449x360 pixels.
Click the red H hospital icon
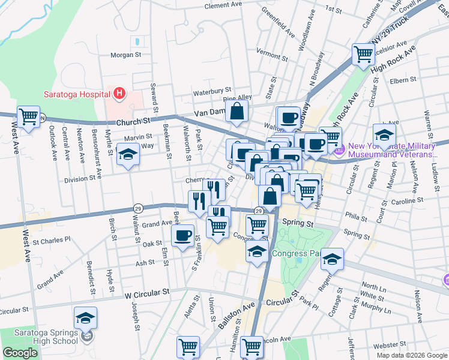119,94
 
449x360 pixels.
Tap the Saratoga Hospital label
76,94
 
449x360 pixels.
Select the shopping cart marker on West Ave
28,116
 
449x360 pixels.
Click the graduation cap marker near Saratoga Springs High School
86,317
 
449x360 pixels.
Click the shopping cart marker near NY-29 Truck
364,54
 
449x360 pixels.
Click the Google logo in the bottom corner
20,353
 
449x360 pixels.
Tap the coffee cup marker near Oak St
182,235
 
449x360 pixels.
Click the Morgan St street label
125,55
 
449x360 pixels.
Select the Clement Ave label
223,5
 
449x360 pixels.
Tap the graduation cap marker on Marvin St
127,155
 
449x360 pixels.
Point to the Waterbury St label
212,92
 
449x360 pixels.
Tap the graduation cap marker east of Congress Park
331,259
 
